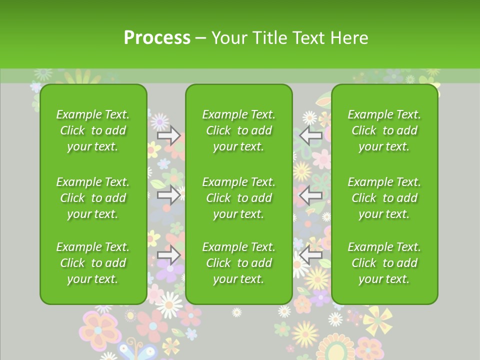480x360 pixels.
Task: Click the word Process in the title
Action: [157, 37]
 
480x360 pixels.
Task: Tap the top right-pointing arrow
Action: [168, 135]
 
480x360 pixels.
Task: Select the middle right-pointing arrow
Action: [168, 195]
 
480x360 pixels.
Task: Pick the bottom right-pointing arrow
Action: [168, 255]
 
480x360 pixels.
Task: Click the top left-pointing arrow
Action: [310, 135]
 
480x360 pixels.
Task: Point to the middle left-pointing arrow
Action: [310, 195]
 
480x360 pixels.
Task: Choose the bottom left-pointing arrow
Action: [310, 255]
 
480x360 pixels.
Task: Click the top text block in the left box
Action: [93, 130]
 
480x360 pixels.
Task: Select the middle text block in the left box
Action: [93, 198]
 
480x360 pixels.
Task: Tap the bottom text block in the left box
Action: [93, 263]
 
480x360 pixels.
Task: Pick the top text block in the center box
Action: [238, 130]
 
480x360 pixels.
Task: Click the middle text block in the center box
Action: [238, 198]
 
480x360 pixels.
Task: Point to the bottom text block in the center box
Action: [238, 263]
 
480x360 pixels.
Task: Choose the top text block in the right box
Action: [384, 130]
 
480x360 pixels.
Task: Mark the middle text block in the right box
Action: [384, 198]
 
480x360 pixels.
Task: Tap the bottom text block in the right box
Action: [384, 263]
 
